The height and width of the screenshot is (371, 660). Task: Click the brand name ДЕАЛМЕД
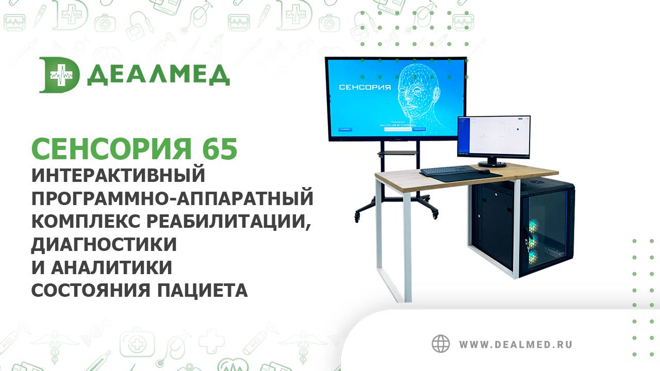coord(158,76)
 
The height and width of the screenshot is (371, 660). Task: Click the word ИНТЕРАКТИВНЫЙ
coord(119,175)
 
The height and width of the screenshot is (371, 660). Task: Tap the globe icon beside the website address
coord(441,344)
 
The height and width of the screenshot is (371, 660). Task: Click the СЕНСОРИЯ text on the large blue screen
coord(365,87)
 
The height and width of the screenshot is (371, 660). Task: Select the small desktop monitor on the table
coord(493,137)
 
